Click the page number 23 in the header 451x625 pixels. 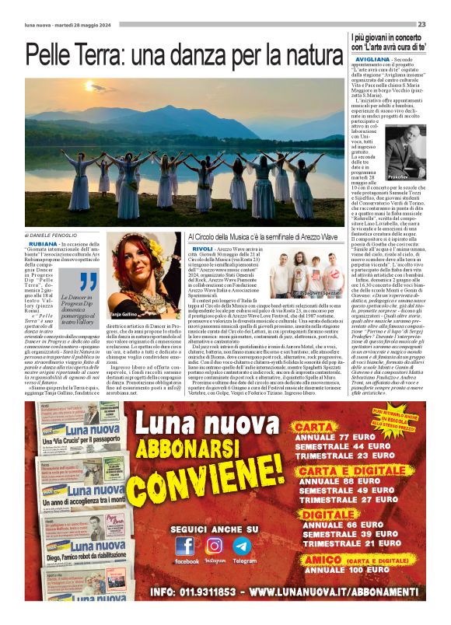coord(421,24)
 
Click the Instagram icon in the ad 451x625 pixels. coord(214,546)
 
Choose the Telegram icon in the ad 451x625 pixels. coord(243,546)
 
